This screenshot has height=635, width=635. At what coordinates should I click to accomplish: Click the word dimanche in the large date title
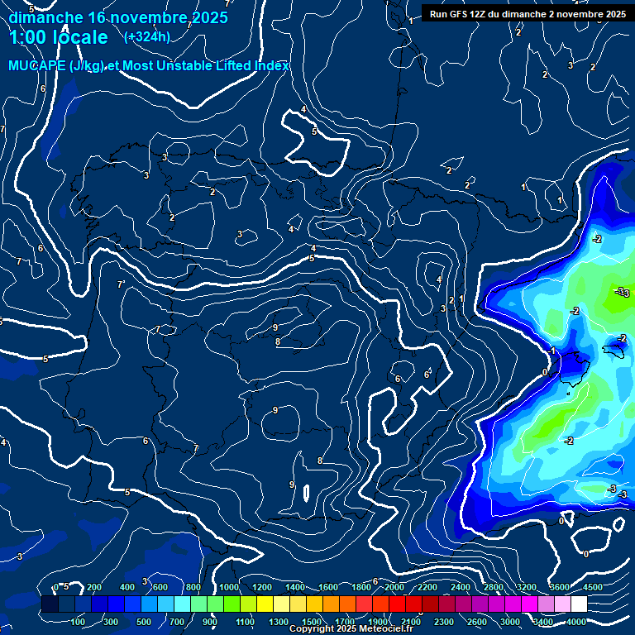tap(45, 17)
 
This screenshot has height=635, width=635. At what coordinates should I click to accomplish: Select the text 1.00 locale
tap(59, 37)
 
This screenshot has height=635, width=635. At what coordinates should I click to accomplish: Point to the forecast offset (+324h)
tap(147, 36)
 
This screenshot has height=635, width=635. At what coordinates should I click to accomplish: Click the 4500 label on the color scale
tap(593, 587)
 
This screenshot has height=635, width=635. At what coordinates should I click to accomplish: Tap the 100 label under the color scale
tap(79, 622)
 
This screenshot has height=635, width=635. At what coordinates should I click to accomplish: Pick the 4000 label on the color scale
tap(576, 622)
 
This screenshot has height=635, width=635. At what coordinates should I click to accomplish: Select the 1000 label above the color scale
tap(228, 587)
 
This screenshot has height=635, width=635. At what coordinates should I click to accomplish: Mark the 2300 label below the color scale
tap(443, 622)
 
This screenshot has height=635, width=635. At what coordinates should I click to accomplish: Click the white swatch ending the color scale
tap(586, 604)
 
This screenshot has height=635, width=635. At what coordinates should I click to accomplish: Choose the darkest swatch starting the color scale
tap(50, 604)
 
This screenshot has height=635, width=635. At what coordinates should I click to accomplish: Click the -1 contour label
tap(552, 352)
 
